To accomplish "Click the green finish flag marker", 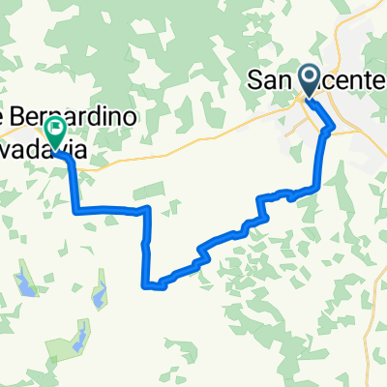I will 55,129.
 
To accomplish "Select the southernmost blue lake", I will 74,340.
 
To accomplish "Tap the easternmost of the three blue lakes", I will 98,294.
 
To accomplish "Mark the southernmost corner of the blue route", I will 147,285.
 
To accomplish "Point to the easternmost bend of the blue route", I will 335,126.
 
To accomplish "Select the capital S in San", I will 255,79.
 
